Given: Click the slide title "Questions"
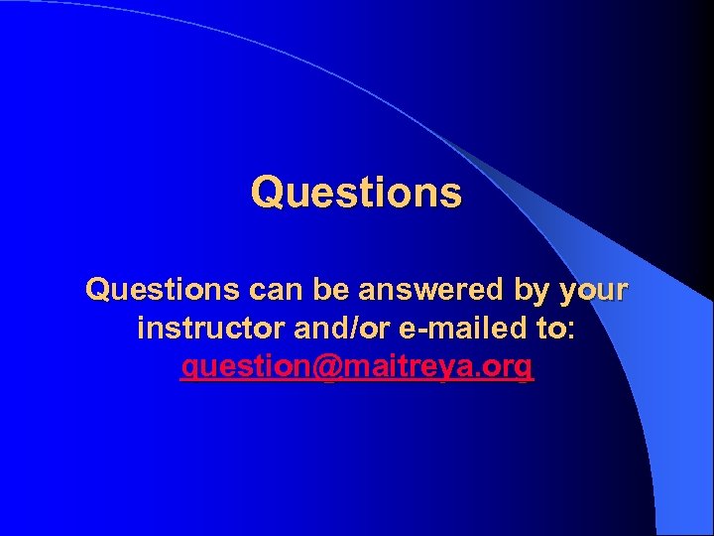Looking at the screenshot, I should pos(356,193).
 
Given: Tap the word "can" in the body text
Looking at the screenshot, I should pos(275,290).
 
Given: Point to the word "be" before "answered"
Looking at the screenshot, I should pos(328,290).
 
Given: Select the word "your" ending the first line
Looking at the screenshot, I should pos(594,292).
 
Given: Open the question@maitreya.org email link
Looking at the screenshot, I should pos(357,367).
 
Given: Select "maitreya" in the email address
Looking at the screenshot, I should pos(408,367).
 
